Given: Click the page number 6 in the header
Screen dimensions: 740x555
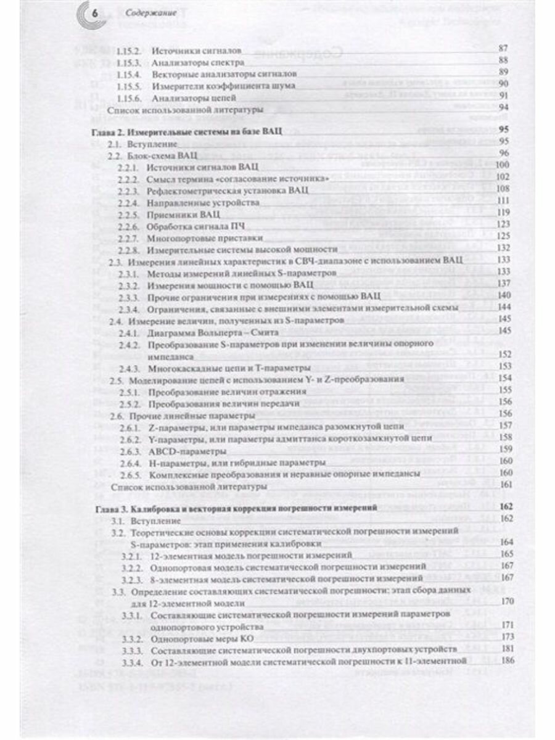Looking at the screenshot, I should click(93, 14).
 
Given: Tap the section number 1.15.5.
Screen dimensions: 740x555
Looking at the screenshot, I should click(131, 85).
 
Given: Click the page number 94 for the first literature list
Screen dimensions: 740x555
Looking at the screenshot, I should click(502, 109).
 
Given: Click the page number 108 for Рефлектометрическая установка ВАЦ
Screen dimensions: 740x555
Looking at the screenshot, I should click(501, 189).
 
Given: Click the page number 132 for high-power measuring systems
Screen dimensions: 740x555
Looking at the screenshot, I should click(501, 249).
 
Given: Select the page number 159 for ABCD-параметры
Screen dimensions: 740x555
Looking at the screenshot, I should click(501, 450).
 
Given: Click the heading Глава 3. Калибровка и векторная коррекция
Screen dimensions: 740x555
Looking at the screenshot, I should click(237, 508).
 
